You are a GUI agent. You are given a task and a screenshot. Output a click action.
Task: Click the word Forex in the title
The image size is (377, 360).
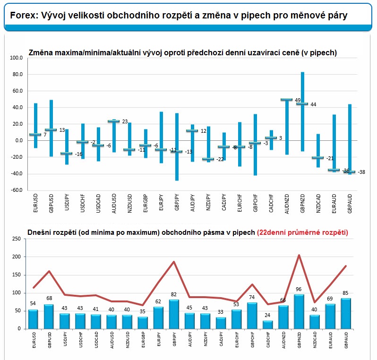coord(23,16)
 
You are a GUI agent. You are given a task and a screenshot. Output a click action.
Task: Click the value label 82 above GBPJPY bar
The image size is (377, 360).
coord(174,295)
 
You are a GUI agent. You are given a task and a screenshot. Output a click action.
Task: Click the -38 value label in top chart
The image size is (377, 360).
coord(361,172)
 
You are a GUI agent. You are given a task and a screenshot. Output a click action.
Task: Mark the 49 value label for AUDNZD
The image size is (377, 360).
coord(298,100)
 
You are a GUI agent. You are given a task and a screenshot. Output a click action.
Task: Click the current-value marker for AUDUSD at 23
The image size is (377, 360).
coord(113,121)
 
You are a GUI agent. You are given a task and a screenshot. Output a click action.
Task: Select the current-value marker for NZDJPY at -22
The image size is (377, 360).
coord(207,159)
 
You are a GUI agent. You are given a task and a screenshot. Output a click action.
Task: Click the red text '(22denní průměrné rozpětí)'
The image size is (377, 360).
coord(302,232)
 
